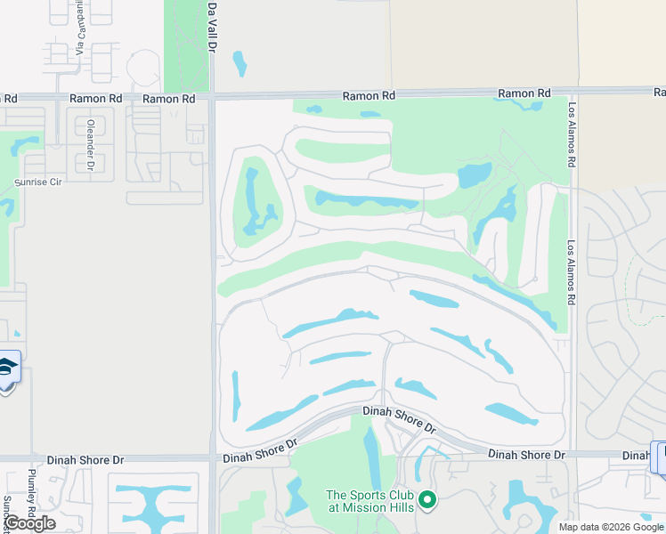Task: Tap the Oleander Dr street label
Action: pos(91,144)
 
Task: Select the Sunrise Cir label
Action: pos(38,182)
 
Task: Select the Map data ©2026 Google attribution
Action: pos(610,527)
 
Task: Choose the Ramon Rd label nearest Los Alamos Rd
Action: pos(524,93)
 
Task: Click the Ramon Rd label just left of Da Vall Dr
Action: pos(168,99)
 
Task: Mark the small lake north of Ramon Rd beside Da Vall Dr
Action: pos(239,63)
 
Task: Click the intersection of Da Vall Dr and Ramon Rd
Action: pos(213,97)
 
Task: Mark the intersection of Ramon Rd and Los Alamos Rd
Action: pos(573,92)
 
